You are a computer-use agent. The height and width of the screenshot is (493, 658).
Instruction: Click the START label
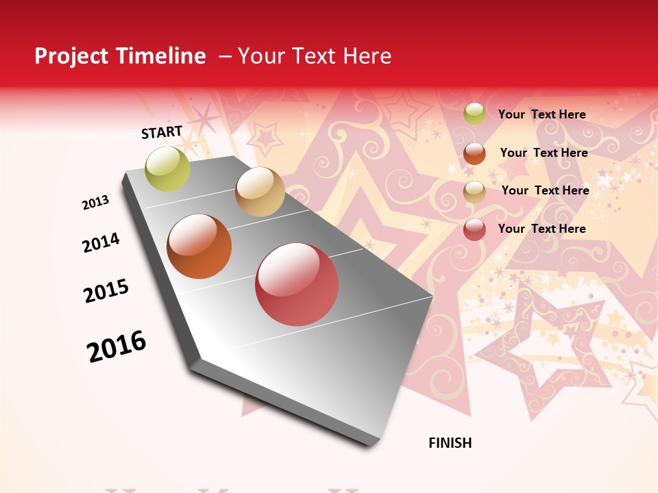(x=162, y=132)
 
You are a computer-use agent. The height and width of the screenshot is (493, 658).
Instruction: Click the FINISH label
(x=450, y=443)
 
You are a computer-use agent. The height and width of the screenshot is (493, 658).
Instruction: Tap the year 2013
(x=96, y=202)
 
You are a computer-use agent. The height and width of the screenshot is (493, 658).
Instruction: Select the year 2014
(x=101, y=243)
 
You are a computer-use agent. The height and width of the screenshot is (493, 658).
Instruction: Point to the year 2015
(x=106, y=291)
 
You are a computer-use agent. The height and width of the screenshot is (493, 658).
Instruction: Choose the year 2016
(x=117, y=346)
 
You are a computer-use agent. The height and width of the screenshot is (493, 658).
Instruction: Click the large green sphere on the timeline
(x=167, y=168)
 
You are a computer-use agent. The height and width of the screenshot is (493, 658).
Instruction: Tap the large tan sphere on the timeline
(x=260, y=192)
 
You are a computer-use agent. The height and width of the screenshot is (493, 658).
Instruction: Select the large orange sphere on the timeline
(x=199, y=246)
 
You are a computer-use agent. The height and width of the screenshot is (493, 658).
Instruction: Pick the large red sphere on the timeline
(x=297, y=284)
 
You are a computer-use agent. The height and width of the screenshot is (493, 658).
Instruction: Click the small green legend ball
(x=474, y=114)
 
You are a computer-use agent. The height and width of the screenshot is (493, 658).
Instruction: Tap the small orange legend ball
(x=474, y=153)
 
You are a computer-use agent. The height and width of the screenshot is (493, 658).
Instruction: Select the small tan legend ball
(x=474, y=192)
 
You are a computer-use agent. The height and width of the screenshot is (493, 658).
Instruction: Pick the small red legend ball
(x=474, y=229)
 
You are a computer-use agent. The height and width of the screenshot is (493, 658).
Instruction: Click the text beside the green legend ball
(x=541, y=114)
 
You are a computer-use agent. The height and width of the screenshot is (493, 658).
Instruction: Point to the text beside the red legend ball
(x=541, y=229)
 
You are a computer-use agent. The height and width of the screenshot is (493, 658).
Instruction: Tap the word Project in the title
(x=70, y=56)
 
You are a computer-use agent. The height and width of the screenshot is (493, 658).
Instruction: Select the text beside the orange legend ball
(x=544, y=153)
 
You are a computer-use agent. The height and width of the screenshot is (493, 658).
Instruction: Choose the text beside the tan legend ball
(x=545, y=190)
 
